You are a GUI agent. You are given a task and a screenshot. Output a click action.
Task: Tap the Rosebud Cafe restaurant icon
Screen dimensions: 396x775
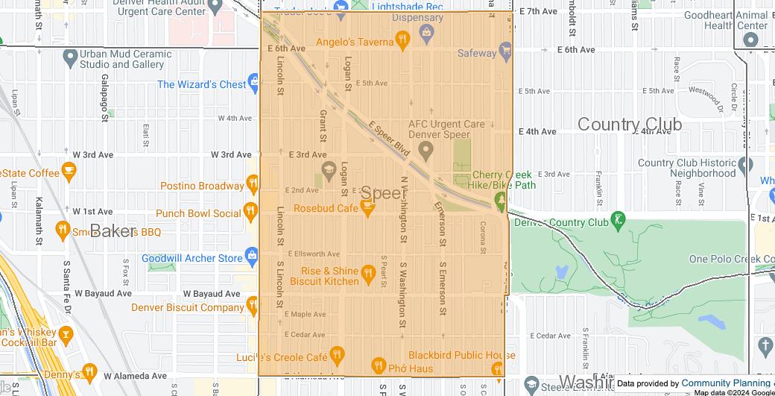point(367,208)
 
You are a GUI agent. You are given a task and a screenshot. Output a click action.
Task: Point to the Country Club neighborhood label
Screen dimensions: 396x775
point(629,125)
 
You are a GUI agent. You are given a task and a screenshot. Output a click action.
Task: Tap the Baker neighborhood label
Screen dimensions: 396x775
point(113,231)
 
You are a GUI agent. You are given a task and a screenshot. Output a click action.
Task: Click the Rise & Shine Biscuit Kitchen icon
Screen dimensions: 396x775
point(367,276)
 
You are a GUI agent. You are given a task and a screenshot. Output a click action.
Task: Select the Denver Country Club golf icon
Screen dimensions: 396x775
point(617,221)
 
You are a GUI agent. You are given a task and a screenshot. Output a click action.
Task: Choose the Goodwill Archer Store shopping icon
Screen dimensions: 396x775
point(253,258)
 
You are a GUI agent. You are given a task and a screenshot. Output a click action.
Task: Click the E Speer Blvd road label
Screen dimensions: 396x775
point(388,139)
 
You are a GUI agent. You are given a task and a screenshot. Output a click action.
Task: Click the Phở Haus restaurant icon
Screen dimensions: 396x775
point(378,365)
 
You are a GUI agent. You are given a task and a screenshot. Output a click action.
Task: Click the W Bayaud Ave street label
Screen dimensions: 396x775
point(212,294)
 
